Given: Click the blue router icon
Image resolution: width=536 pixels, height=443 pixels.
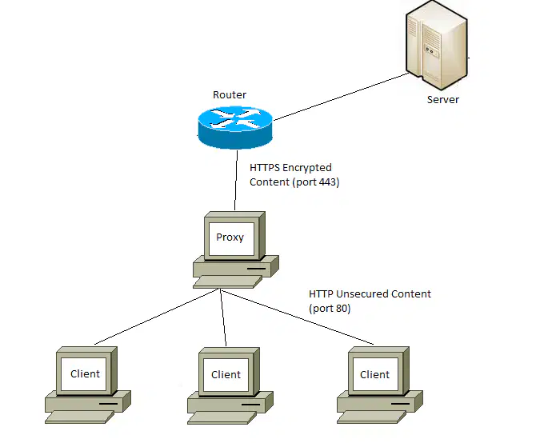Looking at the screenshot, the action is pyautogui.click(x=235, y=128).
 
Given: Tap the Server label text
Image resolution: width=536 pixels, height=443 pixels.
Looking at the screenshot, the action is pyautogui.click(x=442, y=100).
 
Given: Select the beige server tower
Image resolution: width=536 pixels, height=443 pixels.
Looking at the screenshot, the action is pyautogui.click(x=437, y=46).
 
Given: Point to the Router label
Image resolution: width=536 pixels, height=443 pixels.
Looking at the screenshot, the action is pyautogui.click(x=230, y=94).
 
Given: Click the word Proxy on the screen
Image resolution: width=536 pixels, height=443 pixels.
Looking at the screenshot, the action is pyautogui.click(x=230, y=237).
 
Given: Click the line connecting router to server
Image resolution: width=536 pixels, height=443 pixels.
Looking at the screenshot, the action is pyautogui.click(x=341, y=97).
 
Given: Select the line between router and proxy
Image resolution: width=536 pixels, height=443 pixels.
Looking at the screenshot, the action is pyautogui.click(x=236, y=181).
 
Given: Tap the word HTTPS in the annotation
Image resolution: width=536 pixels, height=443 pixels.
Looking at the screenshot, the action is pyautogui.click(x=265, y=168).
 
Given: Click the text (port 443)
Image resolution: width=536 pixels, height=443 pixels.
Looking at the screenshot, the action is pyautogui.click(x=316, y=182).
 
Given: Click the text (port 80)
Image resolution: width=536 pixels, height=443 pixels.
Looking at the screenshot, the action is pyautogui.click(x=330, y=309).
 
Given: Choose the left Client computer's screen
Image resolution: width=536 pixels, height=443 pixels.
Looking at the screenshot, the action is pyautogui.click(x=83, y=374).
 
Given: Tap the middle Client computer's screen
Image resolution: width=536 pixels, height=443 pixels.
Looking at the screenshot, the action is pyautogui.click(x=226, y=375).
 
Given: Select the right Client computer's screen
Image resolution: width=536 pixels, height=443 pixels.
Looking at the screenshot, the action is pyautogui.click(x=375, y=374).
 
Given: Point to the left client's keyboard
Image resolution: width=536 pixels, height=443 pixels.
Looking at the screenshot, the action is pyautogui.click(x=80, y=417).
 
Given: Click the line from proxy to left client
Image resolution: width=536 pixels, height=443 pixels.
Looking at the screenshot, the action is pyautogui.click(x=157, y=317).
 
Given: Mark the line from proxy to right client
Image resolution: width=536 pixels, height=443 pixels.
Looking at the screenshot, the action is pyautogui.click(x=298, y=317).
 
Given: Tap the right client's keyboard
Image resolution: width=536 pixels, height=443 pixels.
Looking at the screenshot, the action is pyautogui.click(x=371, y=417).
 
